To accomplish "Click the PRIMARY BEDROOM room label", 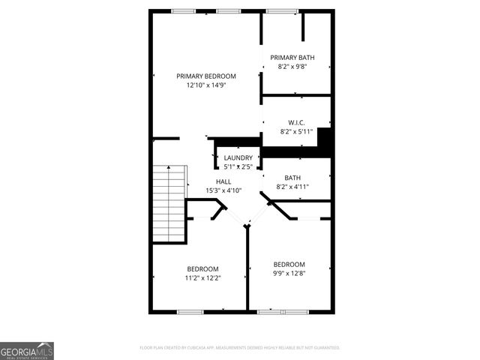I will (206, 76).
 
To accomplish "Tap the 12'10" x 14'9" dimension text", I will (206, 85).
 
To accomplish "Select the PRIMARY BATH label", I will (292, 58).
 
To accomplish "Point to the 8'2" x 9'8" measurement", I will (292, 67).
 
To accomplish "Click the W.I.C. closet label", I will (295, 122).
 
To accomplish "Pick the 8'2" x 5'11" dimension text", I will (295, 131).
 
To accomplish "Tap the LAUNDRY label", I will (238, 157).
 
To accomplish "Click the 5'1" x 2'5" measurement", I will (238, 166).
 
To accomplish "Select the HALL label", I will (223, 181).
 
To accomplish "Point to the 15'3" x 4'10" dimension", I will (223, 190).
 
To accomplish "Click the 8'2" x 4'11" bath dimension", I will (292, 187).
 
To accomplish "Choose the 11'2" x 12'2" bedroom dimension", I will (202, 278).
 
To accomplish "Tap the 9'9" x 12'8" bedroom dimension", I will (289, 273).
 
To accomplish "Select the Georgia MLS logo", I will (27, 351).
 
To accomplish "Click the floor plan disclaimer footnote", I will (240, 348).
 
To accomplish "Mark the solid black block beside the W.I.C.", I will (325, 139).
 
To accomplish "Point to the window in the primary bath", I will (281, 10).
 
